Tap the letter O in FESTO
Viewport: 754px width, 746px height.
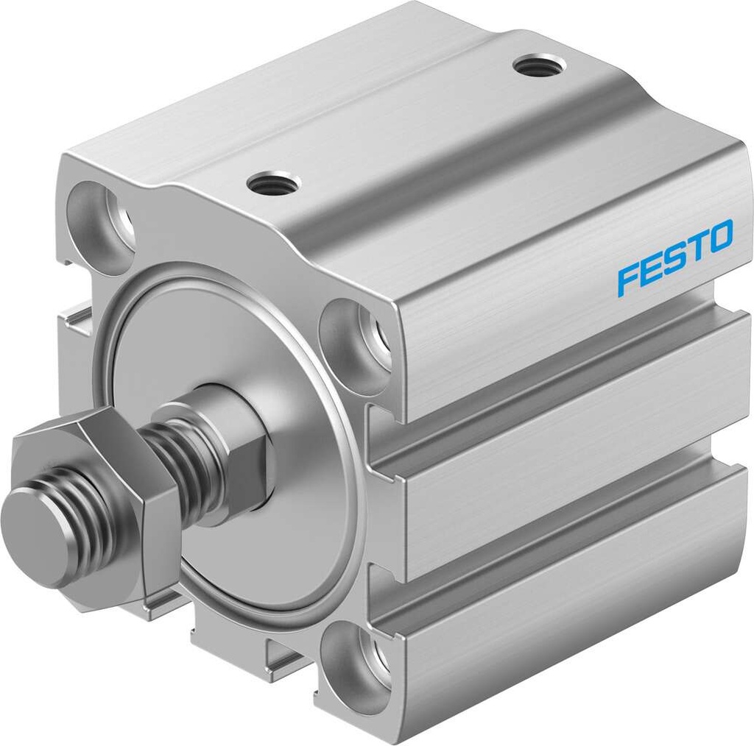tap(719, 237)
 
